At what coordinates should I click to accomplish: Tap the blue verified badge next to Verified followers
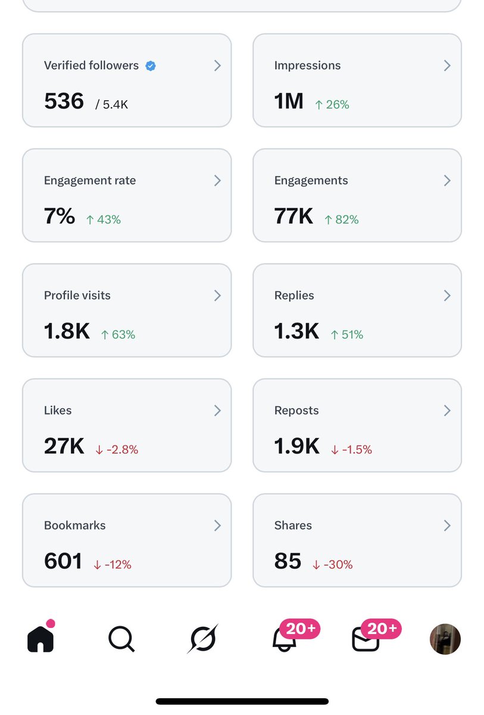point(151,66)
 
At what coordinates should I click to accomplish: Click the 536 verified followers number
point(64,101)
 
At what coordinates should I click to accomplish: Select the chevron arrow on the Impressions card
point(447,66)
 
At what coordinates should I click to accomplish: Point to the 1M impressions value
point(289,101)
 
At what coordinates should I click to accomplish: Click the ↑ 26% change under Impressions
point(332,105)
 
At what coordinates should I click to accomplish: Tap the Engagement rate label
point(90,181)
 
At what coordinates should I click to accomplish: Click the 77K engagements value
point(293,216)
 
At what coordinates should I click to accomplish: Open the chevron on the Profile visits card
point(217,296)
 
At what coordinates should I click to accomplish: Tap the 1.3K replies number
point(296,331)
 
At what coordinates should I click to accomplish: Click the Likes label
point(58,411)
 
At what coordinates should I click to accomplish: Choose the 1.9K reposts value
point(296,446)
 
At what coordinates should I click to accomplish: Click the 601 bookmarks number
point(63,561)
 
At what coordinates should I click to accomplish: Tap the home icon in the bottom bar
point(40,639)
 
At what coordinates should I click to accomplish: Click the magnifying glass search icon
point(121,639)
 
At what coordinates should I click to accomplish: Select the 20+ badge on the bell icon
point(300,629)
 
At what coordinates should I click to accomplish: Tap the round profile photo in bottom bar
point(445,639)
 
